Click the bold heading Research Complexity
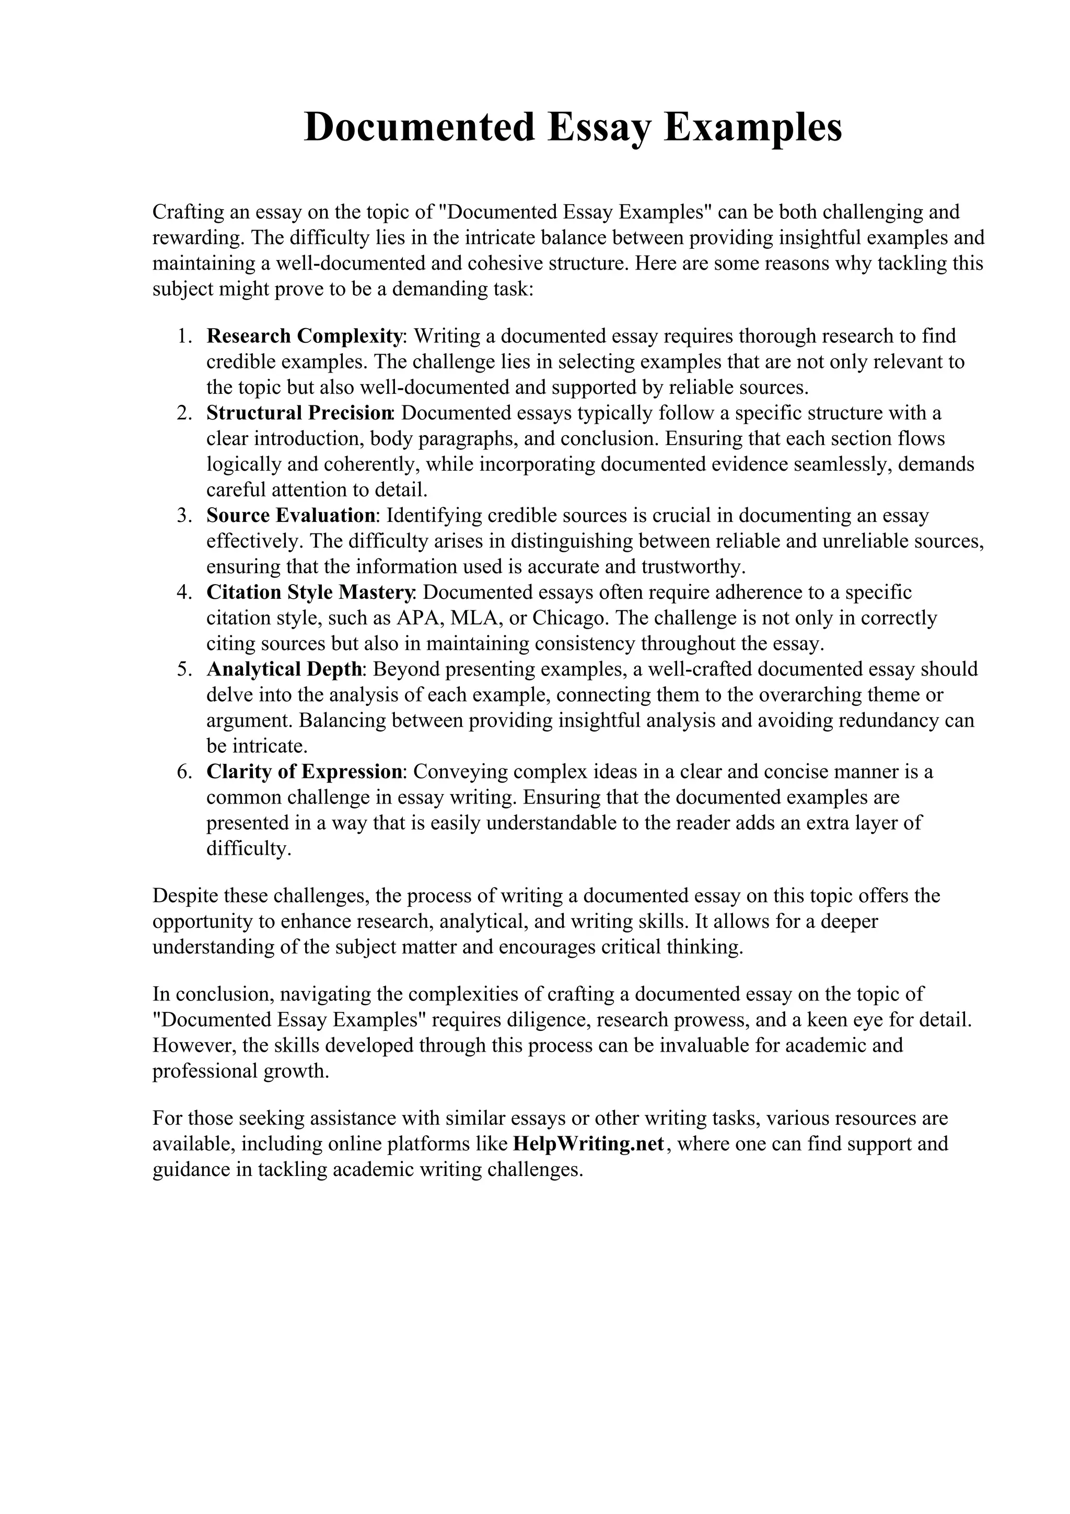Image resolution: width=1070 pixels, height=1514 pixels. pyautogui.click(x=304, y=336)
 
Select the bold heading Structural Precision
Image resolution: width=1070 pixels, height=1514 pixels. pyautogui.click(x=299, y=413)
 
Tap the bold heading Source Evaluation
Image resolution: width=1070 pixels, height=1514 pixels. pyautogui.click(x=290, y=515)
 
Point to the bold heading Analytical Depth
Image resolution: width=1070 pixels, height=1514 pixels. pyautogui.click(x=284, y=669)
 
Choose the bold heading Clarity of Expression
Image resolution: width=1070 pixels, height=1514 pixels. pyautogui.click(x=305, y=772)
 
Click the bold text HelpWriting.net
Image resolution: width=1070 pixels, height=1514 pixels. pyautogui.click(x=588, y=1144)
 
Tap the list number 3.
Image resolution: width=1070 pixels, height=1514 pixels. pyautogui.click(x=184, y=515)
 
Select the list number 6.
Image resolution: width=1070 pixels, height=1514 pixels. pyautogui.click(x=184, y=772)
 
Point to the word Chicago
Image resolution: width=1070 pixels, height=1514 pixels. pyautogui.click(x=571, y=618)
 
